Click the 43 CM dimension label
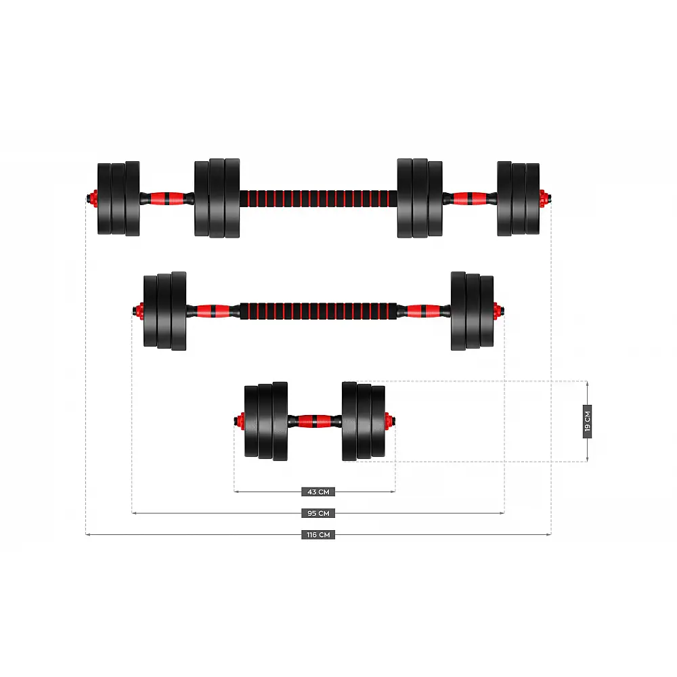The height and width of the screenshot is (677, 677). tap(318, 492)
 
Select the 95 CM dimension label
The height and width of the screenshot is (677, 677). tap(318, 513)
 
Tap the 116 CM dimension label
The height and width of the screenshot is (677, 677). tap(318, 535)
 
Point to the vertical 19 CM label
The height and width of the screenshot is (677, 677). tap(587, 421)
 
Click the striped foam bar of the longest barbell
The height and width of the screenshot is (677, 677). tap(318, 198)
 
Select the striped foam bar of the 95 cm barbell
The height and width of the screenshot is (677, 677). tap(318, 311)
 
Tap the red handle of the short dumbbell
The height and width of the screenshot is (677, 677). tap(315, 421)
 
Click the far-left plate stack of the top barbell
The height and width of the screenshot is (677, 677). tap(118, 198)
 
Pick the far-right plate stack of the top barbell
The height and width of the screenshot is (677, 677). tap(518, 198)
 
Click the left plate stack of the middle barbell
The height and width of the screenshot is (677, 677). tap(165, 311)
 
